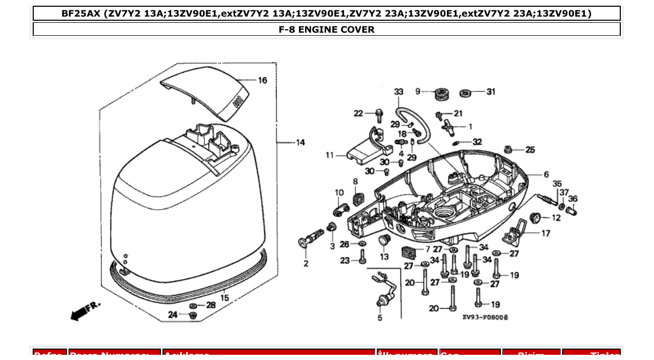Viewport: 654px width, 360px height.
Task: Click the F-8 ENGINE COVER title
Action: point(326,30)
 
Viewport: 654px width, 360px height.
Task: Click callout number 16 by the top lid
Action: point(263,80)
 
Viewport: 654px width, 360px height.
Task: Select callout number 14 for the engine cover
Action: point(301,142)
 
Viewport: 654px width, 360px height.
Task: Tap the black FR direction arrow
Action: point(78,313)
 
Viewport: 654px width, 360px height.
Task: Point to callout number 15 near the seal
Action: point(225,298)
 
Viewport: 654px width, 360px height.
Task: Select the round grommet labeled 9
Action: point(442,94)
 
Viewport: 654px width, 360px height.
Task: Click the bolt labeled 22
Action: point(378,114)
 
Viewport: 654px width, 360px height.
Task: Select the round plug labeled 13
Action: point(384,240)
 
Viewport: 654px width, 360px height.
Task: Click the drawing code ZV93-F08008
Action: point(485,317)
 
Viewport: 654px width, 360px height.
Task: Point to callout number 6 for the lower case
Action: point(546,175)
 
